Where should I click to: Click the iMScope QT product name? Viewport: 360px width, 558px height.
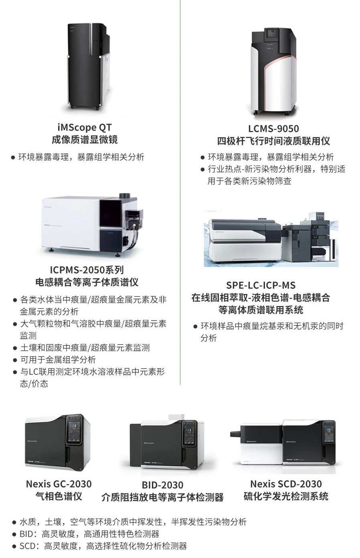tap(85, 127)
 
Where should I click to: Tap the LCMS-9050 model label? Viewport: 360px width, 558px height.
tap(273, 129)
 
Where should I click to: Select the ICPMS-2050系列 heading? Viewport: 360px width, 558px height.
tap(87, 270)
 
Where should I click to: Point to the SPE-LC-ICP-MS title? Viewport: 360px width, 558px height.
tap(261, 285)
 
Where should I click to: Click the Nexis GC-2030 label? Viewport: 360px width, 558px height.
tap(59, 484)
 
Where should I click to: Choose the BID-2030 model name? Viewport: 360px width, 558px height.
tap(162, 485)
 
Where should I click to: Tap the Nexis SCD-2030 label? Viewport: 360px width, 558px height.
tap(286, 484)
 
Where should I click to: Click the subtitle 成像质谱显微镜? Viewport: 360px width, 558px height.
tap(85, 139)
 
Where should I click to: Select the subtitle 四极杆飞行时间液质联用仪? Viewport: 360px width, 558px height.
tap(273, 141)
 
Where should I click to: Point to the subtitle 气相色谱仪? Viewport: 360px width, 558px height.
tap(59, 496)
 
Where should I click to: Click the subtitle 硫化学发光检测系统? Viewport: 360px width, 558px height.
tap(286, 496)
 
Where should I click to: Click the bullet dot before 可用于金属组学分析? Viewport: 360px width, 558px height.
tap(15, 360)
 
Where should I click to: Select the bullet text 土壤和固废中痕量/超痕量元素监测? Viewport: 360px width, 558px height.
tap(85, 348)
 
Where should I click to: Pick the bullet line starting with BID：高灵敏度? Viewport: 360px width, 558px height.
tap(89, 534)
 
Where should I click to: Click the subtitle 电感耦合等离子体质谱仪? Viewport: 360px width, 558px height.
tap(87, 282)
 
